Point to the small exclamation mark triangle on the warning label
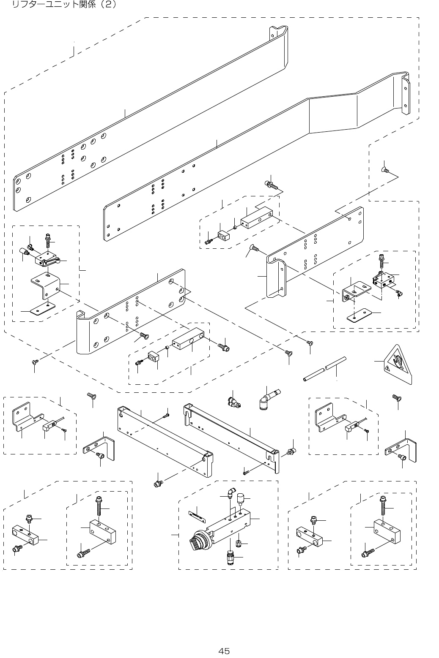[x=387, y=368]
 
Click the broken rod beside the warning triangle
[x=324, y=369]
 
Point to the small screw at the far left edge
[x=35, y=362]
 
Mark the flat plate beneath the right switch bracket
[x=359, y=315]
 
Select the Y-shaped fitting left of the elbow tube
[x=233, y=401]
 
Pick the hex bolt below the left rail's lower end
[x=158, y=483]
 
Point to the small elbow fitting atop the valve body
[x=230, y=492]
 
